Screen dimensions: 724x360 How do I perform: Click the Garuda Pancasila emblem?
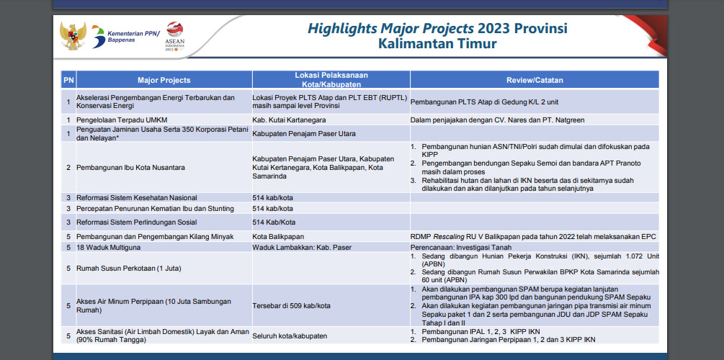click(73, 36)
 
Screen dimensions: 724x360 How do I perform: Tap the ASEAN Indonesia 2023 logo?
click(174, 36)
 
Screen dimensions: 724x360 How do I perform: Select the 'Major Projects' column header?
click(164, 80)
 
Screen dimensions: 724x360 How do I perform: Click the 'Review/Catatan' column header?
click(535, 80)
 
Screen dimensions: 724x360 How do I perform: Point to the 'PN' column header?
click(68, 80)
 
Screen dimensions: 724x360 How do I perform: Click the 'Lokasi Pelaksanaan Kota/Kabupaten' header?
click(331, 79)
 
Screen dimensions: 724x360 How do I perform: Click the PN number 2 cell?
click(68, 168)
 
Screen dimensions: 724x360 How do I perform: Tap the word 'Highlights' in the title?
click(342, 29)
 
